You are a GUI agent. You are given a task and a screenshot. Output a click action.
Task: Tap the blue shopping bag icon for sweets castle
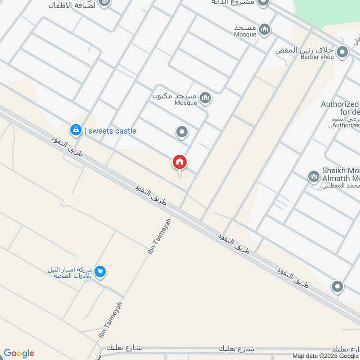click(x=76, y=130)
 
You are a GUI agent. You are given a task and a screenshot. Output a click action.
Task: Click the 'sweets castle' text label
click(x=112, y=131)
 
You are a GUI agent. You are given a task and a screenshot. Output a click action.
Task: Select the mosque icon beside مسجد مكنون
click(x=206, y=98)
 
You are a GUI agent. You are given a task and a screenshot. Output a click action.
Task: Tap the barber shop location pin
click(x=343, y=53)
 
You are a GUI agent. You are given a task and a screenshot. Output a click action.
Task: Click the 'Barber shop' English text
click(x=317, y=57)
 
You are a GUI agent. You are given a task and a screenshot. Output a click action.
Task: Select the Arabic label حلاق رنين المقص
click(x=305, y=50)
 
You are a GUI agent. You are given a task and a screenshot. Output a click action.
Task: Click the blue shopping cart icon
click(x=100, y=271)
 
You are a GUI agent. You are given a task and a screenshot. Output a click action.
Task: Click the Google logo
click(x=19, y=353)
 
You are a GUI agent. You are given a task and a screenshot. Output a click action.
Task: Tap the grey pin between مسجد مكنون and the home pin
click(x=182, y=132)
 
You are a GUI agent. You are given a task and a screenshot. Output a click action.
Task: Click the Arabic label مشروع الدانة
click(x=233, y=3)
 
